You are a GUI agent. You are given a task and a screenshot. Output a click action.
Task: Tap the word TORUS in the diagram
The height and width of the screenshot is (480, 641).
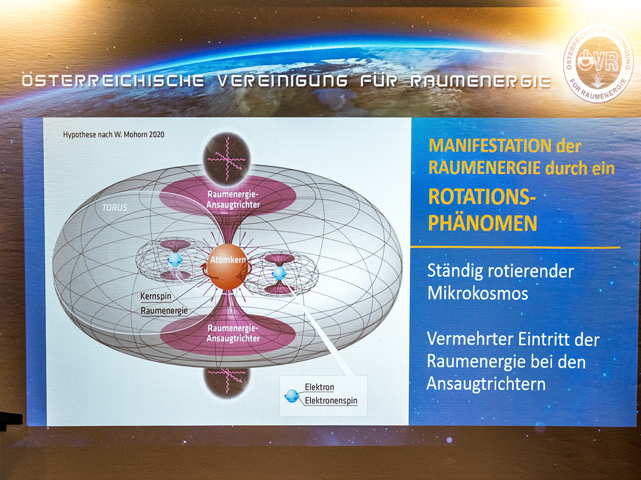(114, 207)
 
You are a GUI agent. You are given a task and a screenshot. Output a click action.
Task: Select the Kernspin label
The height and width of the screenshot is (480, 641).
(155, 297)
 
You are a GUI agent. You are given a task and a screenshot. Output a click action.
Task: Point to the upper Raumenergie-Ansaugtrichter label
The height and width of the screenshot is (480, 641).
(233, 199)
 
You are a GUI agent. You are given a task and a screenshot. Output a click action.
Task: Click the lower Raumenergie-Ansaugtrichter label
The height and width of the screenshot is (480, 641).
(233, 333)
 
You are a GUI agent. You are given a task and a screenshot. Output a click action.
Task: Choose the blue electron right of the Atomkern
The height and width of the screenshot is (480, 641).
(279, 273)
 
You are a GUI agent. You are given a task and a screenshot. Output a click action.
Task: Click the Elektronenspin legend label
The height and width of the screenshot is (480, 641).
(331, 401)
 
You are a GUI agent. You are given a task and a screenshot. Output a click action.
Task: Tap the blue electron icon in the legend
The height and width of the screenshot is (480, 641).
(292, 396)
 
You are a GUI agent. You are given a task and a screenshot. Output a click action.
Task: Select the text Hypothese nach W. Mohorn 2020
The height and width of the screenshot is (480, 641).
(114, 134)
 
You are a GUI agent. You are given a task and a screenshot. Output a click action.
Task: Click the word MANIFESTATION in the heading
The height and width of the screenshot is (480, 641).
(490, 146)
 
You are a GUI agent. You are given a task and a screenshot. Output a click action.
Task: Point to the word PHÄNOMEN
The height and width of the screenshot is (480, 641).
(483, 222)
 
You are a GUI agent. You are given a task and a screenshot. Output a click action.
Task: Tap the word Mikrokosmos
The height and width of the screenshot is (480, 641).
(478, 293)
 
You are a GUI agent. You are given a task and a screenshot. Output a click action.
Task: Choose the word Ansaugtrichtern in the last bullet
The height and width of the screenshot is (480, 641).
(486, 384)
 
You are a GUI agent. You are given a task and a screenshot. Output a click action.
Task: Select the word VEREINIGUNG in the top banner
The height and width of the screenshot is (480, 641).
(283, 81)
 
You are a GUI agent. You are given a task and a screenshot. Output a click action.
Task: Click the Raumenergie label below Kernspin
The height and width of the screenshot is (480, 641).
(164, 311)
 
